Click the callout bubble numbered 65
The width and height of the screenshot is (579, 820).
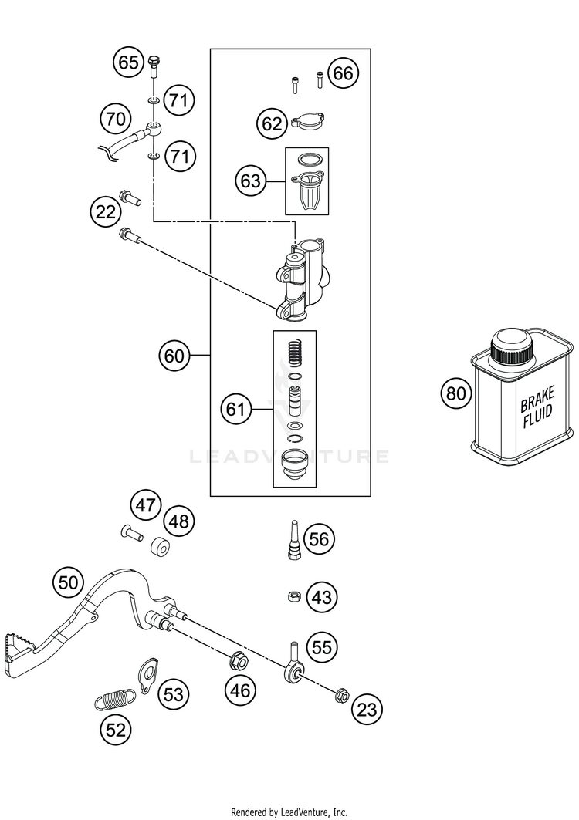[128, 62]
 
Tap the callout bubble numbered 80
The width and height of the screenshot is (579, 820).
[456, 393]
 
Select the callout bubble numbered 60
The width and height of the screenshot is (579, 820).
[174, 356]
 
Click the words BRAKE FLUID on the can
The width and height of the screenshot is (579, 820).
[537, 407]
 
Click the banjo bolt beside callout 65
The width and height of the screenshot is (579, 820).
[154, 66]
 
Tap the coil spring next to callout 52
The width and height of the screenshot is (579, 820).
[112, 699]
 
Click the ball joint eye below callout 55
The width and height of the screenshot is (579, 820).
[292, 673]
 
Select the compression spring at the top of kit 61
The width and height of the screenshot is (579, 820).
[296, 353]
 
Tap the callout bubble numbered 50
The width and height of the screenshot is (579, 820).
[68, 582]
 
